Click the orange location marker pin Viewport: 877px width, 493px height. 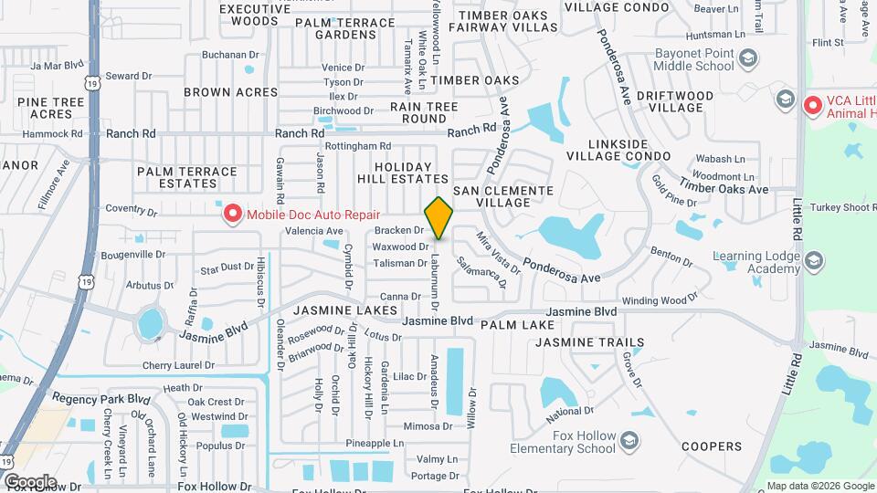[438, 218]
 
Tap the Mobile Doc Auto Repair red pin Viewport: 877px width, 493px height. [233, 214]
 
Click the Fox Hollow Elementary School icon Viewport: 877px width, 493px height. [629, 443]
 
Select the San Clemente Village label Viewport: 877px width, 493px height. [503, 195]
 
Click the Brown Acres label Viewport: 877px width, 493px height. [230, 92]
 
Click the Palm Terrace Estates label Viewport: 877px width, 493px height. [186, 177]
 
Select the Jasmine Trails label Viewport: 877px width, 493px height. [589, 342]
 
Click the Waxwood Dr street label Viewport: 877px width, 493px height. [400, 246]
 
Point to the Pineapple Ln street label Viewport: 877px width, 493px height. [375, 443]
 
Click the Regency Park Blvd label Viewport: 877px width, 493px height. [100, 399]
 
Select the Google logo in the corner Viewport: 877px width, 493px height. [29, 481]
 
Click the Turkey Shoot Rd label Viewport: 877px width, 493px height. [840, 208]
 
